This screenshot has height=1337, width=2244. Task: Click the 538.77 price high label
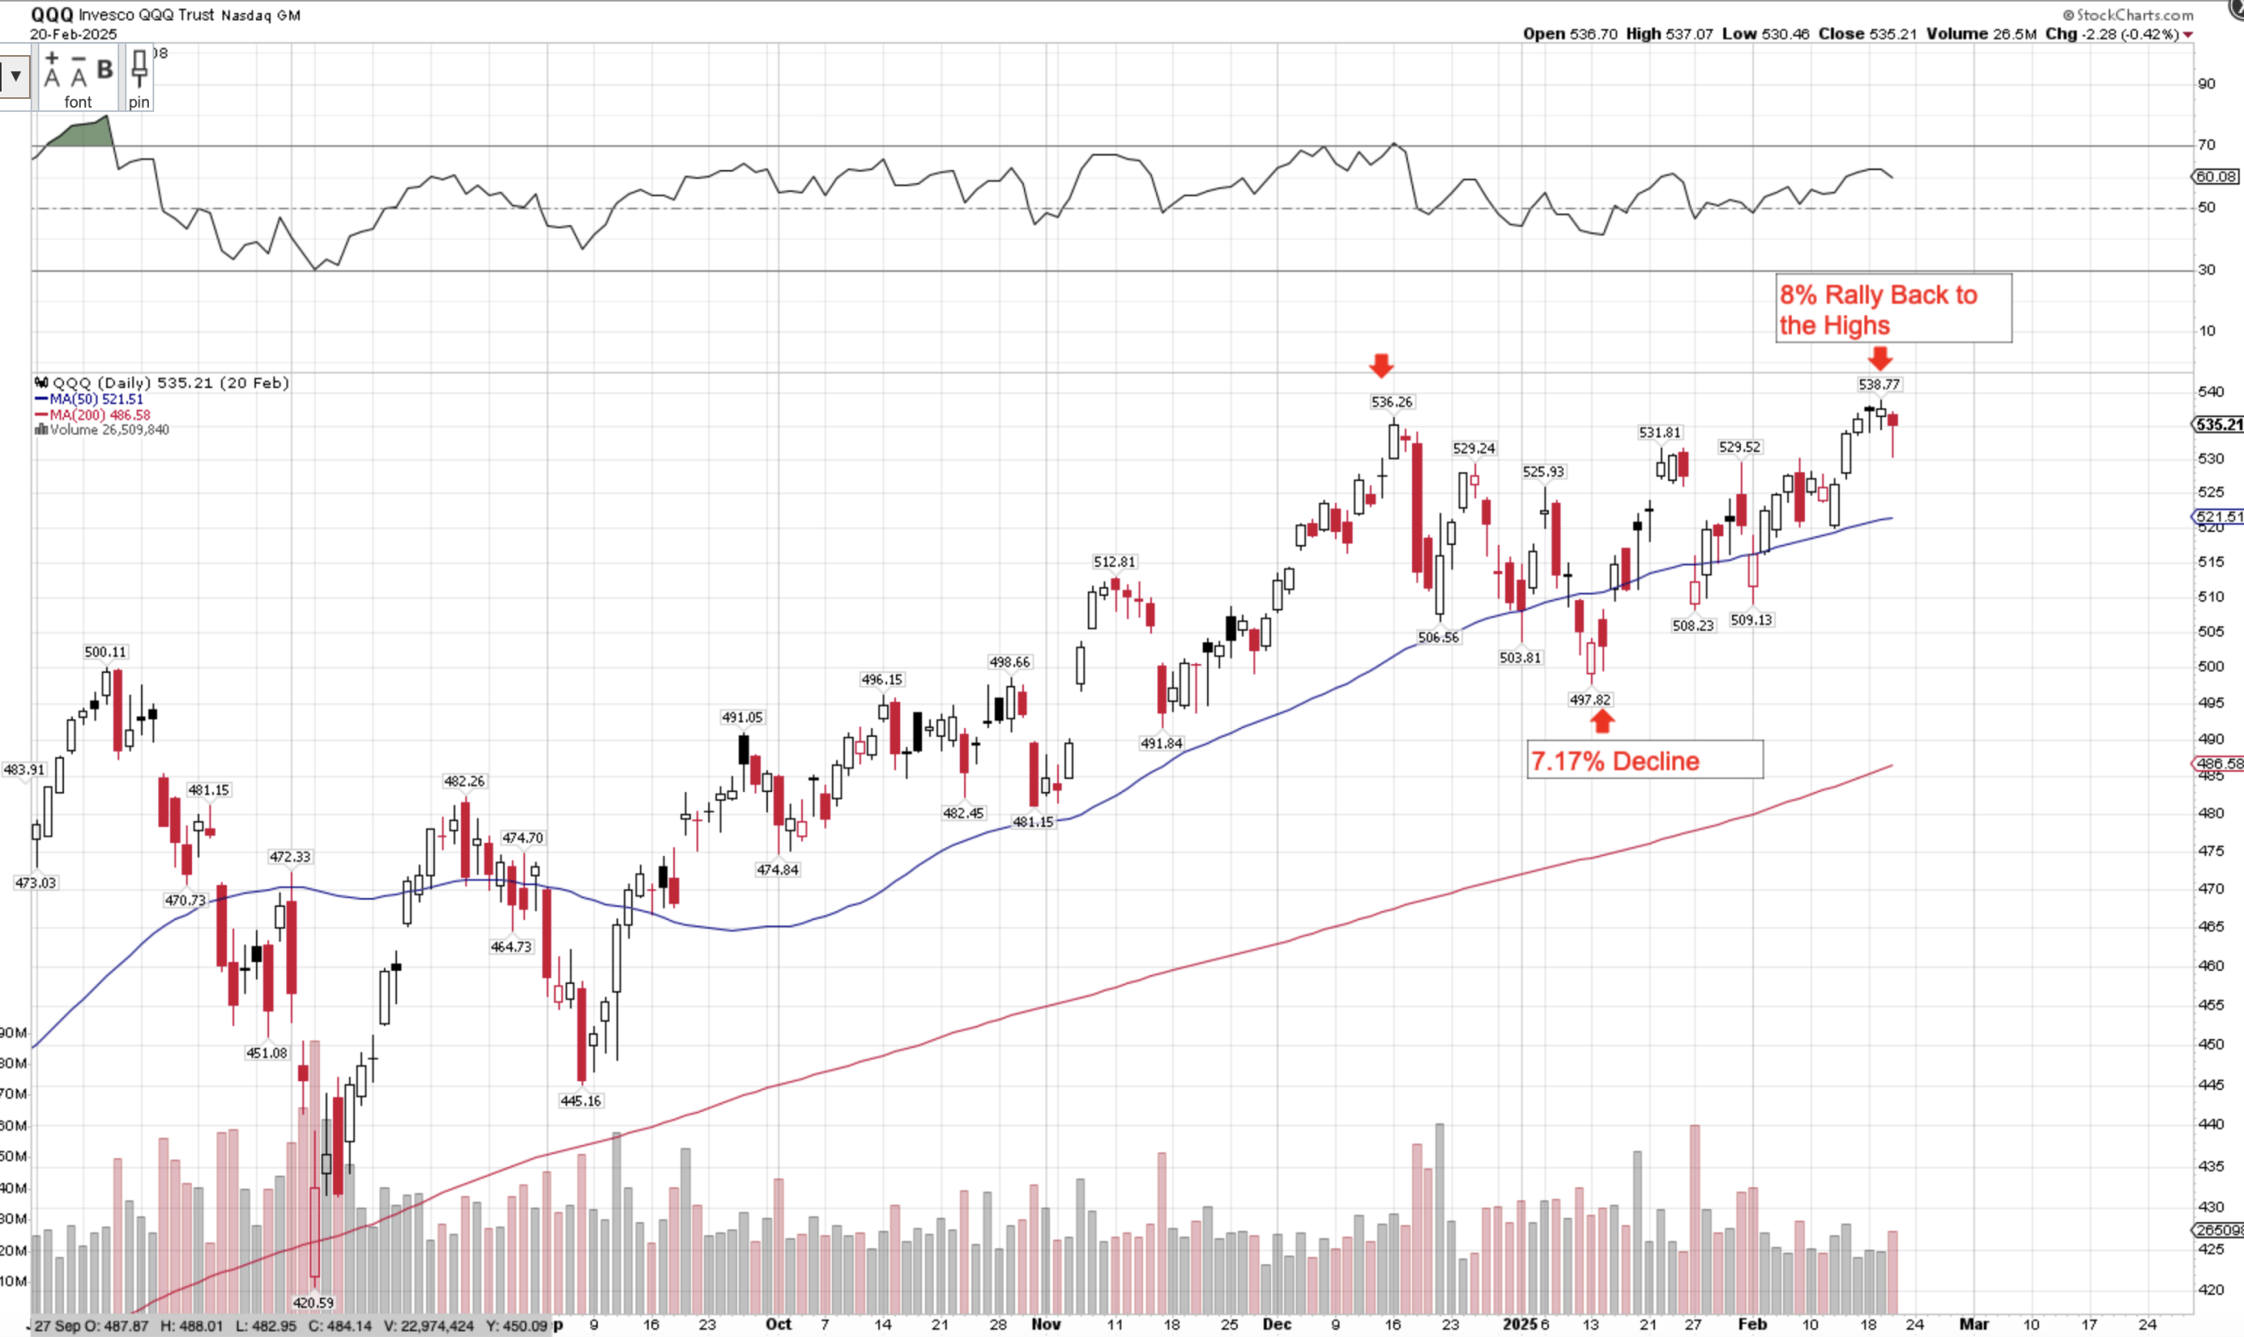[1879, 385]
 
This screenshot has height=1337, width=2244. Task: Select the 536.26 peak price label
[1391, 403]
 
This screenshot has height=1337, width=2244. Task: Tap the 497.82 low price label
[1590, 700]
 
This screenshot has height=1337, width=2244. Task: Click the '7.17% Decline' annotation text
[1615, 761]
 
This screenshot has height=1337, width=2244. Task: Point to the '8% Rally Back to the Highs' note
[1878, 309]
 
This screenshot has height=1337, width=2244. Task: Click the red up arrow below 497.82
[1601, 722]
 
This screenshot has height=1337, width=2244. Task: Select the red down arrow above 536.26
[1381, 365]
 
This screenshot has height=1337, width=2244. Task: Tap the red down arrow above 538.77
[1879, 358]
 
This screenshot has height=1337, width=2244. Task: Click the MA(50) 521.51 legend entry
[90, 400]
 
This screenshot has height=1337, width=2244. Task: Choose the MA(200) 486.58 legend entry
[94, 415]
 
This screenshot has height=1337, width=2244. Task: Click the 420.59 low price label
[313, 1303]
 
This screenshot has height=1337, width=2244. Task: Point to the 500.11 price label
[105, 652]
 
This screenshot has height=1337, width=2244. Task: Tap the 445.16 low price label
[580, 1101]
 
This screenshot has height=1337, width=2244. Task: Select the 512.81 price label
[1115, 562]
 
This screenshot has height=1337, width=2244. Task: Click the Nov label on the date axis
[1046, 1325]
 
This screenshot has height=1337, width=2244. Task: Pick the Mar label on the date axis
[1974, 1325]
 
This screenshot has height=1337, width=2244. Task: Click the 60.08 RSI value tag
[2215, 177]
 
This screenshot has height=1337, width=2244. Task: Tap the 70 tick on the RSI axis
[2206, 145]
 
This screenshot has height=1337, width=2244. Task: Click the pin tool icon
[138, 77]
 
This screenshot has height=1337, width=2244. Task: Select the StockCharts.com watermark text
[2134, 14]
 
